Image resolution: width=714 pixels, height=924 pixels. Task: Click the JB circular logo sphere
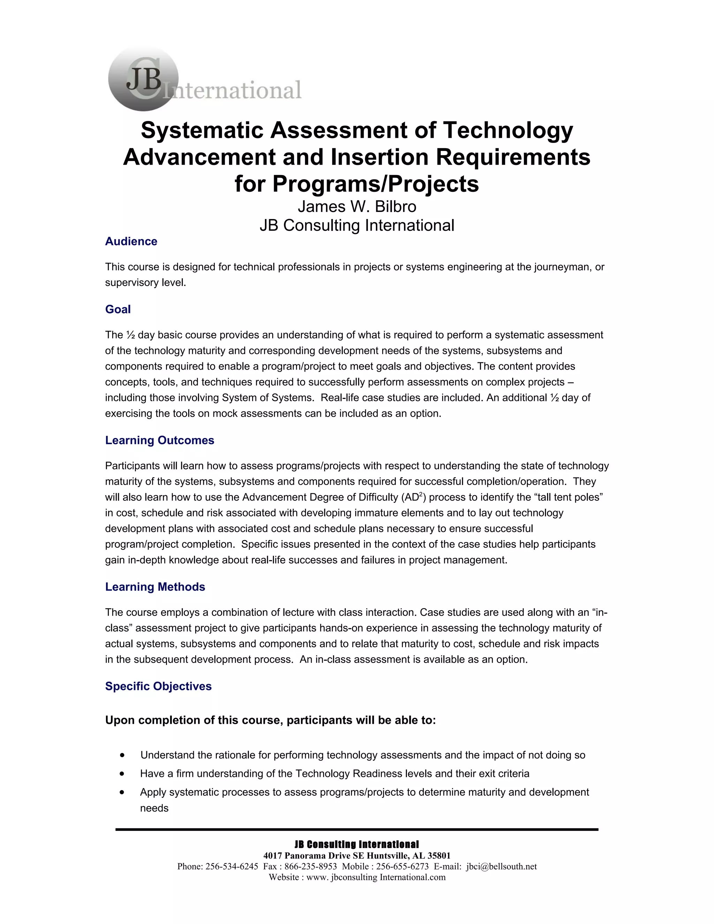[x=143, y=79]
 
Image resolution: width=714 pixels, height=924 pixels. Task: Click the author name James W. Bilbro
[x=357, y=206]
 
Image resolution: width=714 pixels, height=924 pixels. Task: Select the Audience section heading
[x=131, y=241]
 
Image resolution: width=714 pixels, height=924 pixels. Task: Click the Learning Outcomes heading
[x=159, y=440]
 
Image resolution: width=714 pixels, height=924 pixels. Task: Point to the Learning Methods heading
[x=155, y=586]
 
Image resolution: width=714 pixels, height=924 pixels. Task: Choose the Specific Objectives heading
[x=158, y=686]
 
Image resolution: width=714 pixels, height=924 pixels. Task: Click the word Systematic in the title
[x=202, y=130]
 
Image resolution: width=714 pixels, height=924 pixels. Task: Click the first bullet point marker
[x=122, y=755]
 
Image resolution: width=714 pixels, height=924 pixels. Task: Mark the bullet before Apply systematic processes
[x=122, y=792]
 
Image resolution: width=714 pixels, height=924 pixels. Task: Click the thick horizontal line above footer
[x=357, y=830]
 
